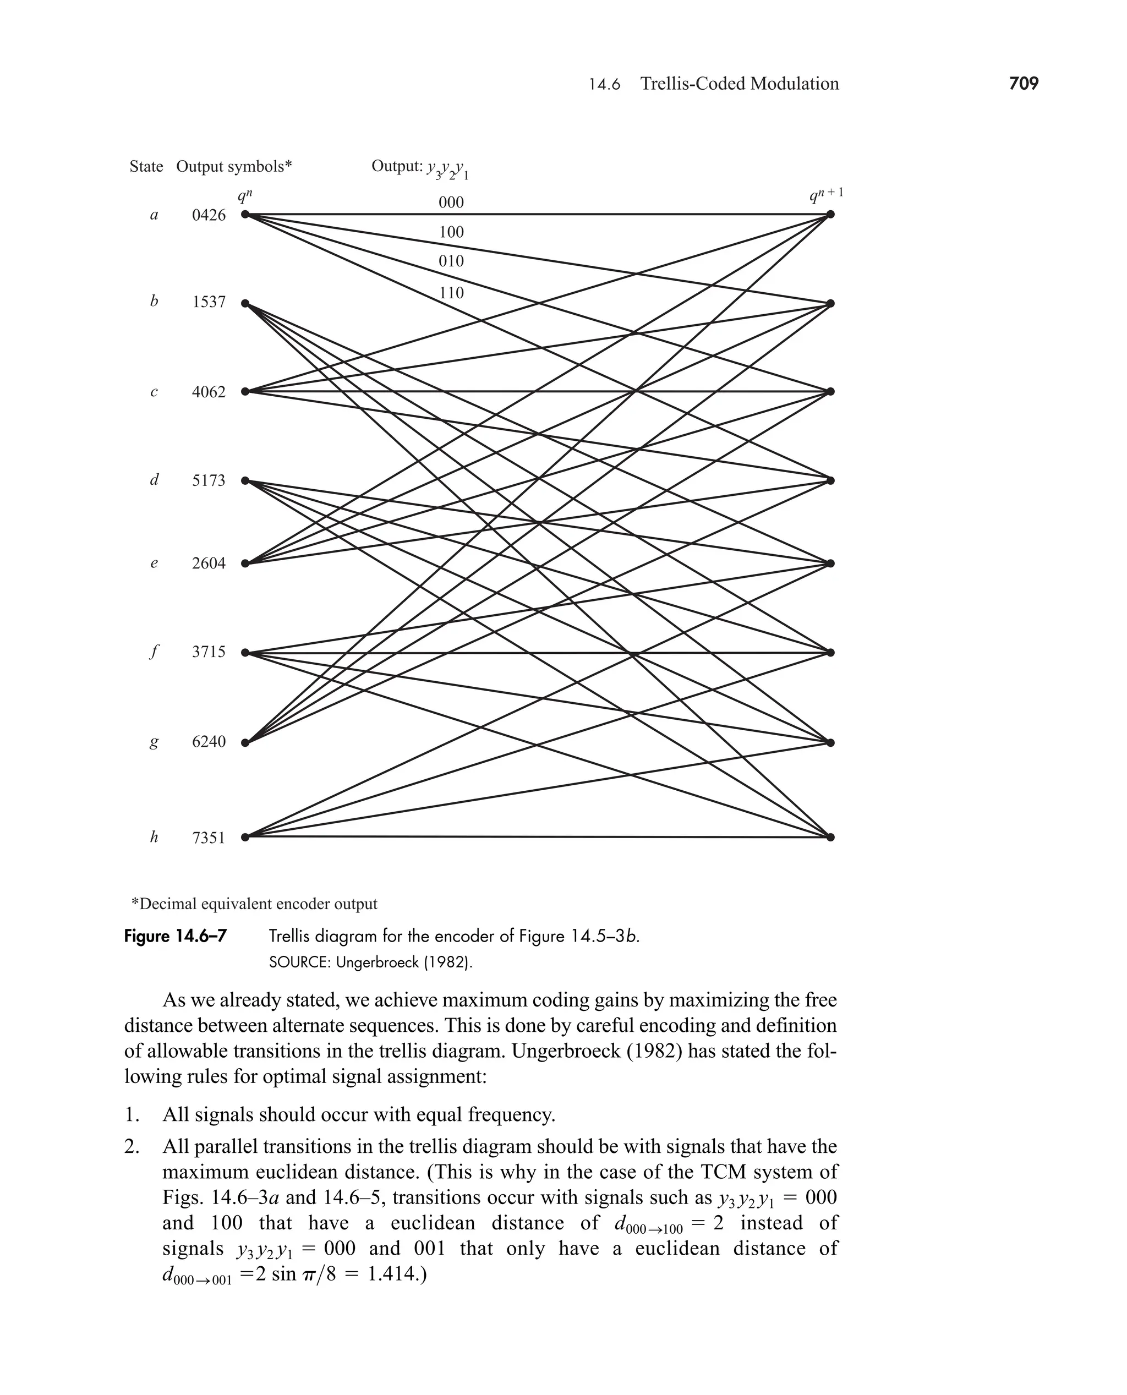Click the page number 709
(1024, 84)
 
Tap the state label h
(154, 838)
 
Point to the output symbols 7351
(209, 838)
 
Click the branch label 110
(451, 293)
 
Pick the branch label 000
(451, 203)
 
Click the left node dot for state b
(245, 303)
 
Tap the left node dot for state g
(245, 742)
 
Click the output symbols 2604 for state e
(209, 564)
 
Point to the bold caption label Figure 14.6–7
(176, 936)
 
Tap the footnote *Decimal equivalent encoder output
(254, 904)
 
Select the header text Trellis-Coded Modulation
(740, 84)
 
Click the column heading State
(146, 167)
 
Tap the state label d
(154, 480)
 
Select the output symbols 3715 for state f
(209, 652)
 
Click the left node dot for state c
(245, 391)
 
